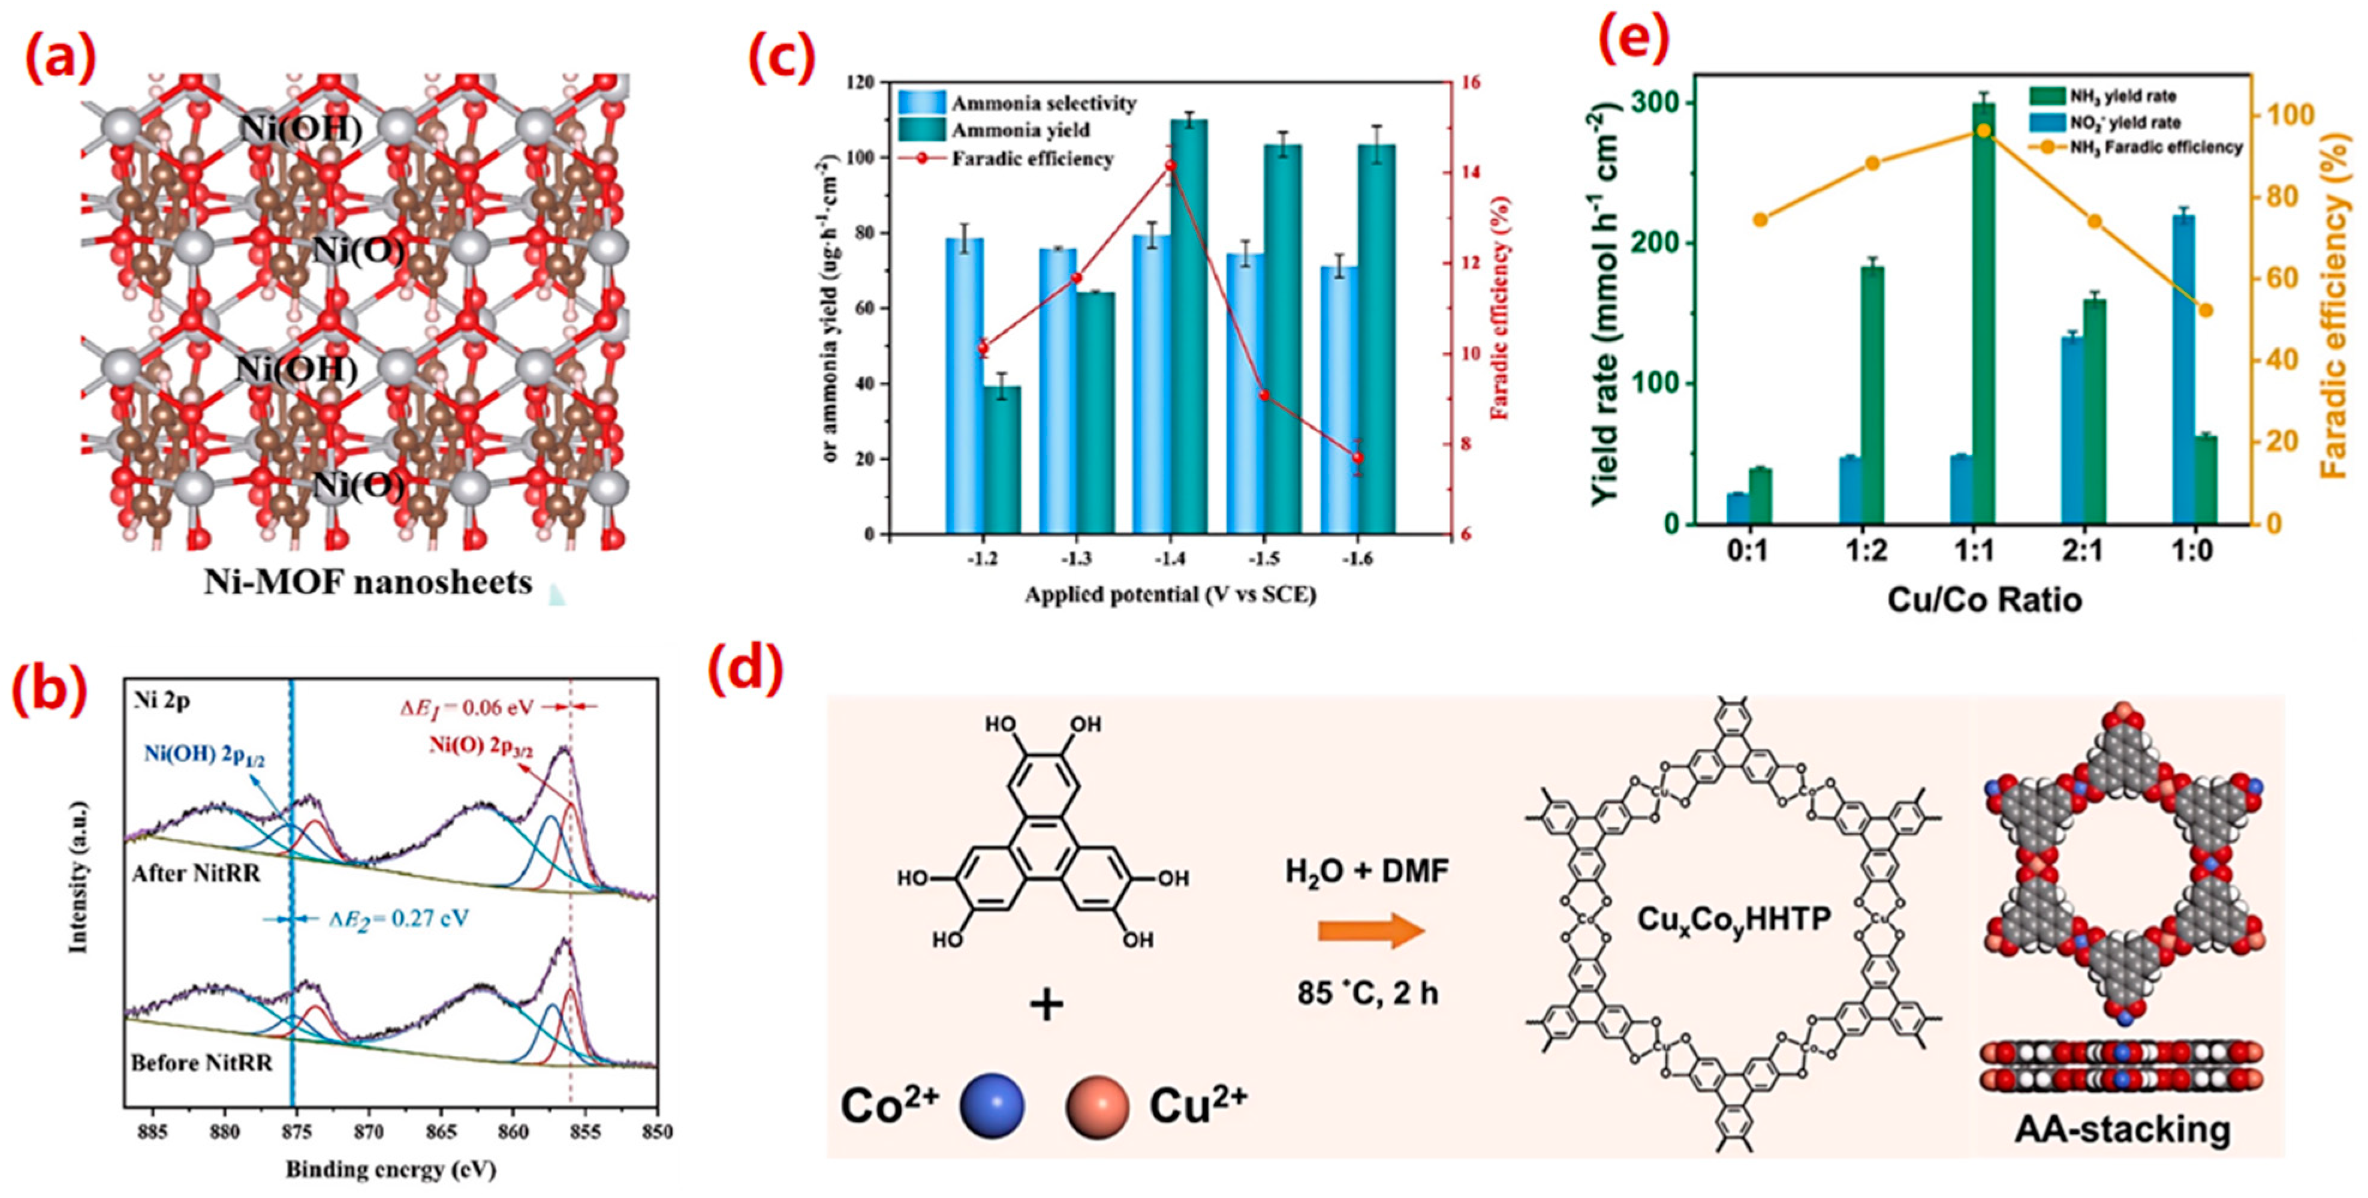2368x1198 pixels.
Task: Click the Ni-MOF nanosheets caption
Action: pyautogui.click(x=367, y=583)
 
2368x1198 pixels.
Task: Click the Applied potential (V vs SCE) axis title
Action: pyautogui.click(x=1170, y=595)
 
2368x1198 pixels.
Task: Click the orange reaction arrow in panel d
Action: pyautogui.click(x=1370, y=931)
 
